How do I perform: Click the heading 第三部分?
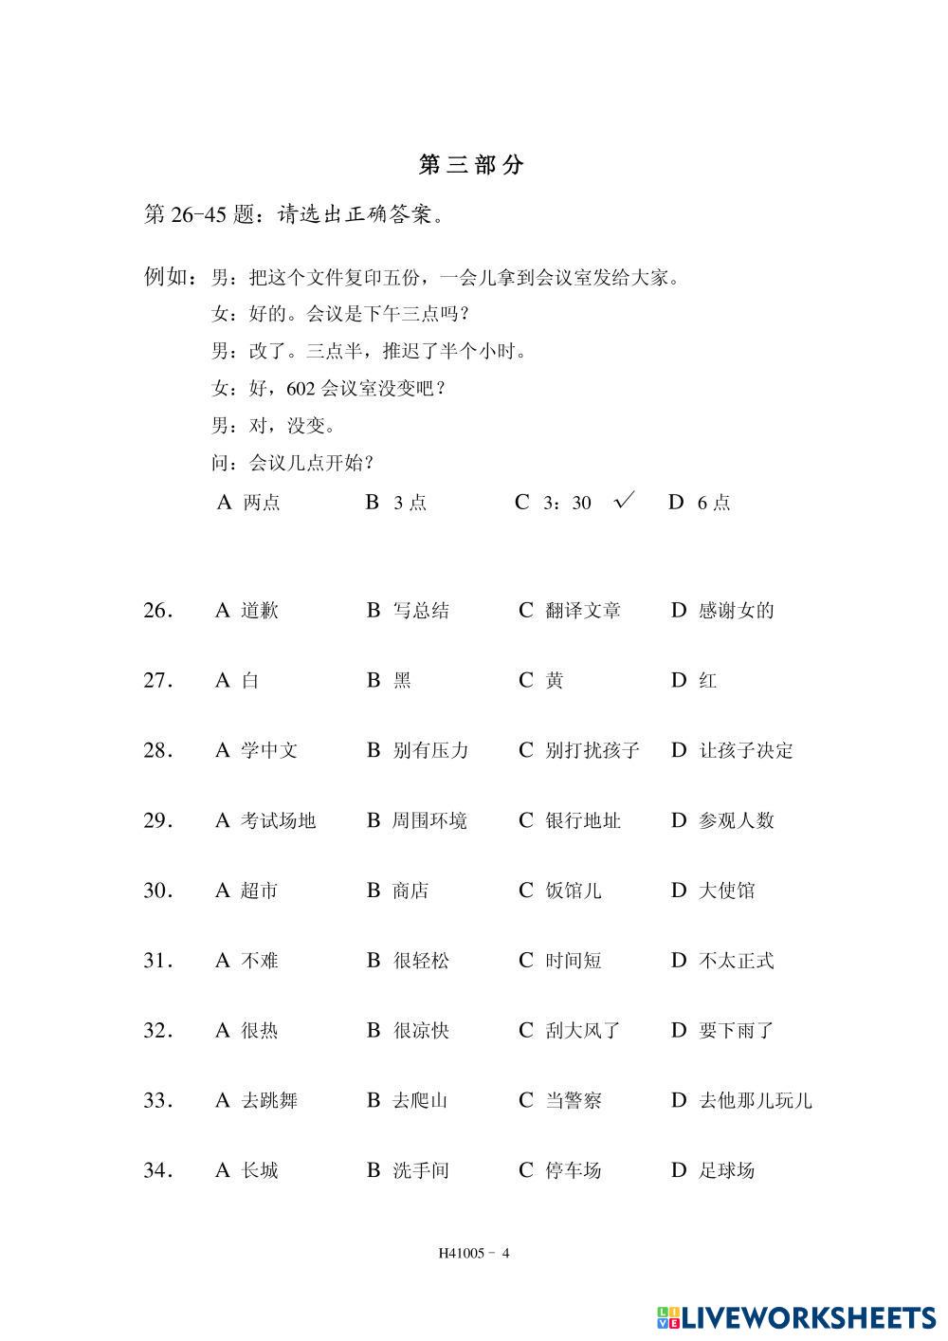click(471, 165)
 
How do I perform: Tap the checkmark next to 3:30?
click(624, 501)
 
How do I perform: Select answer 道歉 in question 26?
click(259, 611)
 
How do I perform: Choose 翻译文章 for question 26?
click(582, 611)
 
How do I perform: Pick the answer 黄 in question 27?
click(554, 681)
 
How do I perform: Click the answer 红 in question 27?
click(707, 681)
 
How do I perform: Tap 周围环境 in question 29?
click(429, 821)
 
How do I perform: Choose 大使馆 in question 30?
click(726, 891)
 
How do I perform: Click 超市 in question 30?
click(259, 891)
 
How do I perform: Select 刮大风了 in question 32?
click(582, 1031)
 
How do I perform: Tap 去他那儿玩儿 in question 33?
click(755, 1101)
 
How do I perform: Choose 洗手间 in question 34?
click(420, 1171)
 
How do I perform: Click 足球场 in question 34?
click(726, 1171)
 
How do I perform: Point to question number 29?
click(157, 821)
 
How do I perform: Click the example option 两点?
click(261, 503)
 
